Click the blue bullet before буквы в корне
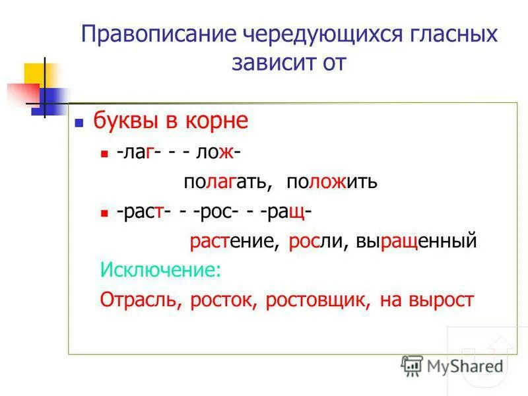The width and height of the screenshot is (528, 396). coord(79,123)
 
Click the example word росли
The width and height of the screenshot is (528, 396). coord(315,242)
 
